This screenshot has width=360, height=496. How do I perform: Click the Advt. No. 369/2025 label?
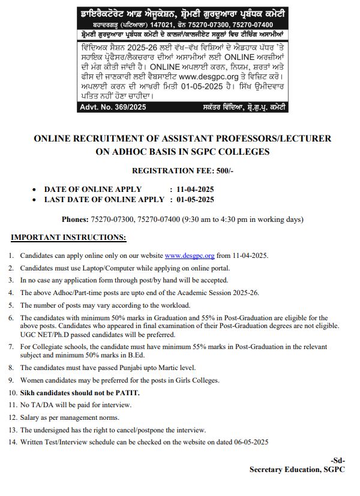click(x=113, y=107)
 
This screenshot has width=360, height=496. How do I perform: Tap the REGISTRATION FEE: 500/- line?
click(x=182, y=171)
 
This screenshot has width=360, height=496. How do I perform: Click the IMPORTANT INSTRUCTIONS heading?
click(x=68, y=238)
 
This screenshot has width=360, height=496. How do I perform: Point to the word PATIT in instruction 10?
click(x=127, y=392)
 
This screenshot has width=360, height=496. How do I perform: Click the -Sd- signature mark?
click(x=338, y=461)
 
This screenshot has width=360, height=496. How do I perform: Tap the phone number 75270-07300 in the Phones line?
click(x=112, y=220)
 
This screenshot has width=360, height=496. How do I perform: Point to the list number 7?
click(x=11, y=347)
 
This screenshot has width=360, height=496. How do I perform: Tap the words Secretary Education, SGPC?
click(x=297, y=470)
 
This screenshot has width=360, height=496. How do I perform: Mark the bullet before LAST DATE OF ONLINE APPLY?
click(x=35, y=200)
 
